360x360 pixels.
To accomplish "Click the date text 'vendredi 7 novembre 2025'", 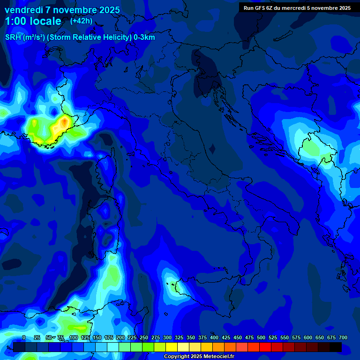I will (x=62, y=10).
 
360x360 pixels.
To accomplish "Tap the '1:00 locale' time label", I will (x=33, y=21).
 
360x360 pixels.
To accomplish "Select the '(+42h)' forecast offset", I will (x=81, y=21).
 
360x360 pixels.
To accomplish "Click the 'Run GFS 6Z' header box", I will (x=297, y=7).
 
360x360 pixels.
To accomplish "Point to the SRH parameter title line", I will (x=80, y=37).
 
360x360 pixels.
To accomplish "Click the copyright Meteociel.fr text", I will (x=199, y=357).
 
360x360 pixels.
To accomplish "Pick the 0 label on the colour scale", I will (x=24, y=337).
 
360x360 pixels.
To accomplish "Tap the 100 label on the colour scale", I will (x=74, y=337).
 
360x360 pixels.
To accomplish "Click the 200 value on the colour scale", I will (x=120, y=337).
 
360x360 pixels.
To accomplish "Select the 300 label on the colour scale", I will (x=167, y=337).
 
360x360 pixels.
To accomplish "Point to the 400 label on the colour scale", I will (x=214, y=337).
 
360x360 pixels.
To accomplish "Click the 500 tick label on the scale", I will (x=261, y=337).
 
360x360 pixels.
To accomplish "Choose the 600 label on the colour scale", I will (x=308, y=337).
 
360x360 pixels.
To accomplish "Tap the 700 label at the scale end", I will (x=343, y=337).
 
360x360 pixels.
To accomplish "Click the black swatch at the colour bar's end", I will (x=336, y=347).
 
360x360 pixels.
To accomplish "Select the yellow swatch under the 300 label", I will (x=172, y=347).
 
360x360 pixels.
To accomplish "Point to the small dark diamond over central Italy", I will (x=212, y=149).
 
